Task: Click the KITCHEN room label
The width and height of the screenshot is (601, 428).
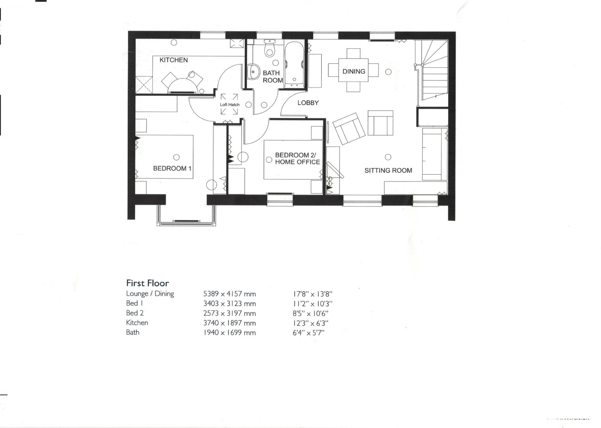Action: [x=174, y=60]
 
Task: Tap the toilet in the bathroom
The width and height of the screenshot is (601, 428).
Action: [x=269, y=50]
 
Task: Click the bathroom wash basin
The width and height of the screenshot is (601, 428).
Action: [x=253, y=72]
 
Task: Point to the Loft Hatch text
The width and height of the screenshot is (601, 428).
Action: [x=229, y=105]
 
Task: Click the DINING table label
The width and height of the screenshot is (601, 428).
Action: [x=353, y=71]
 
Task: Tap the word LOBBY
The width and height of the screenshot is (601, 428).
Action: [x=308, y=103]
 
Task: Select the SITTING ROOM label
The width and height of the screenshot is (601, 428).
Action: [x=388, y=170]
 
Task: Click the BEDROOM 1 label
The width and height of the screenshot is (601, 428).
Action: [x=172, y=168]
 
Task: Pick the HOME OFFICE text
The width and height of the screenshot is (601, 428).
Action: [x=297, y=162]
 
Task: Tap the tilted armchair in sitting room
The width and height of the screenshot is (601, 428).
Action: [x=349, y=129]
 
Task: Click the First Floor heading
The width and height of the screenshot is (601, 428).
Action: [x=148, y=283]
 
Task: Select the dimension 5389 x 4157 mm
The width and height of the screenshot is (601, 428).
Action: [x=229, y=294]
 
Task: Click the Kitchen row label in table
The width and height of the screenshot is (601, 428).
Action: [x=137, y=323]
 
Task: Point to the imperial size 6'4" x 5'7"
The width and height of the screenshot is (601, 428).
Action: [x=308, y=333]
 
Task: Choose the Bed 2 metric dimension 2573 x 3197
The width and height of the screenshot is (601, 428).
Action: [x=229, y=313]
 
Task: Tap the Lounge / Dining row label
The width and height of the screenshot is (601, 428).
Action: [x=150, y=294]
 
